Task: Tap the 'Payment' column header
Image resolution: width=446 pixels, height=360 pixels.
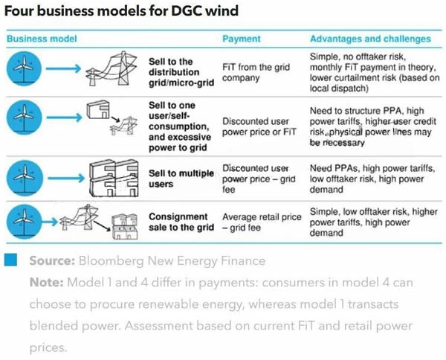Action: pyautogui.click(x=242, y=39)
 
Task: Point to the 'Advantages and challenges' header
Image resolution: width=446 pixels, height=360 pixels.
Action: pyautogui.click(x=369, y=39)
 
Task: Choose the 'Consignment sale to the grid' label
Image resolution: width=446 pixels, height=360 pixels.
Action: pyautogui.click(x=181, y=222)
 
